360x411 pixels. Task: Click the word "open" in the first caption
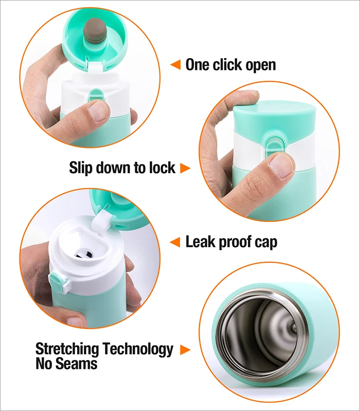click(x=261, y=65)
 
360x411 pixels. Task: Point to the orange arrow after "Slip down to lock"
click(x=185, y=168)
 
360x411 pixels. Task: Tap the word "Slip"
click(x=81, y=168)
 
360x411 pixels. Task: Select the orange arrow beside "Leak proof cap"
click(x=175, y=241)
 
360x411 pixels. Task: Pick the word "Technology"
click(x=138, y=349)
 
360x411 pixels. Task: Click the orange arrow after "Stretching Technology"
click(x=185, y=350)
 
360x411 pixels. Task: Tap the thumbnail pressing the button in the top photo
click(x=99, y=110)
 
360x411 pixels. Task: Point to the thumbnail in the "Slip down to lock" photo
click(x=282, y=166)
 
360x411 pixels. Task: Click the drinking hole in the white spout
click(x=83, y=254)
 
